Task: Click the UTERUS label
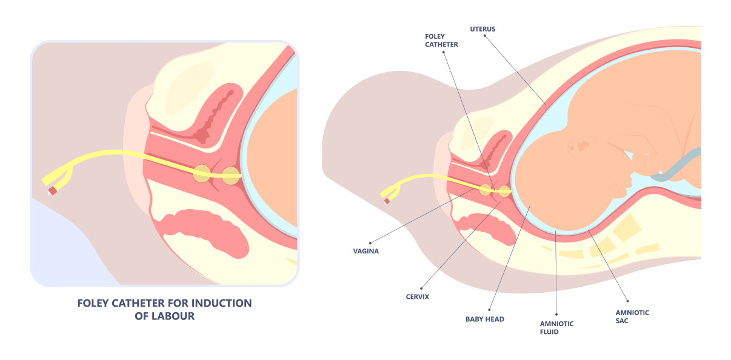click(482, 28)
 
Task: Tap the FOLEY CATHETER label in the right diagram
click(441, 41)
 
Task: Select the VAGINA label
click(365, 251)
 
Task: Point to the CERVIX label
click(417, 297)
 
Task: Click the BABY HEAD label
click(484, 319)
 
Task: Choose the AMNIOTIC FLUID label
click(556, 327)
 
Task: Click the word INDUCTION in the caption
click(221, 303)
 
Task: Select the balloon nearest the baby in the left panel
click(231, 176)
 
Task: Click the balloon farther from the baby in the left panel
click(202, 175)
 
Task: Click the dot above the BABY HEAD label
click(489, 308)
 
